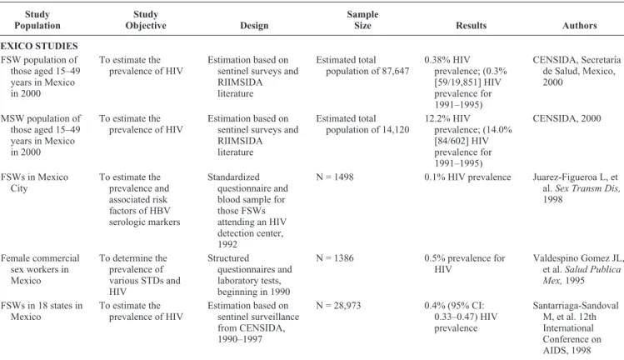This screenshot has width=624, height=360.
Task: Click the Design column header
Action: (x=254, y=26)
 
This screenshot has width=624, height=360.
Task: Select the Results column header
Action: (x=472, y=26)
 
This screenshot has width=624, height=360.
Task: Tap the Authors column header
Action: (x=580, y=26)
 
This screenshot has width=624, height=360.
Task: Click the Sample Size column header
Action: (x=362, y=20)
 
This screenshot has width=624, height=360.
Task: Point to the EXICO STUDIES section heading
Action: (x=39, y=46)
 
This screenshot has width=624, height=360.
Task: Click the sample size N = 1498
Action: (x=335, y=177)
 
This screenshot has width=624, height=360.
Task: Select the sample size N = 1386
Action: (x=335, y=258)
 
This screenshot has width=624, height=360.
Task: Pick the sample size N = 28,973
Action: (x=338, y=306)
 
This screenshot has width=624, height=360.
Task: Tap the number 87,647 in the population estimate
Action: (x=393, y=72)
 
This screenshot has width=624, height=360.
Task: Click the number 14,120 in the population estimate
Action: (x=393, y=130)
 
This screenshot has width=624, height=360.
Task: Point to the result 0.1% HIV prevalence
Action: (x=467, y=177)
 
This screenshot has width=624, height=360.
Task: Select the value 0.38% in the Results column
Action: (x=437, y=60)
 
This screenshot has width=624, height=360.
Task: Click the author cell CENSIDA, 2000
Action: (x=567, y=118)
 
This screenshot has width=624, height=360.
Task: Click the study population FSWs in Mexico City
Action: (x=34, y=182)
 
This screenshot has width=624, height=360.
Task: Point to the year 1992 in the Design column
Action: (x=227, y=244)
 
